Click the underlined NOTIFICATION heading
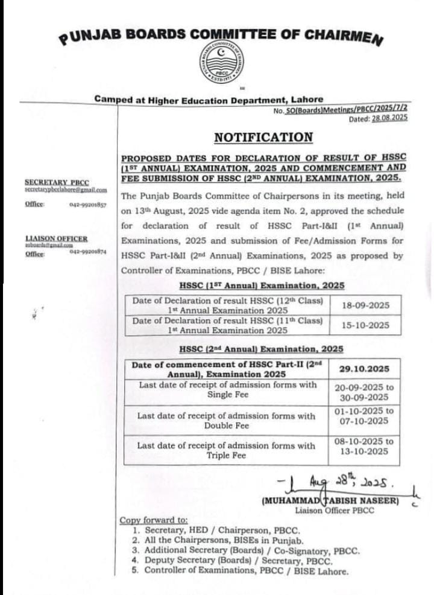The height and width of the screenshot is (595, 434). [x=264, y=137]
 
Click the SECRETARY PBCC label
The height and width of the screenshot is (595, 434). [x=57, y=182]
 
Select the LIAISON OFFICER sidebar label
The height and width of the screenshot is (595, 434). [x=56, y=239]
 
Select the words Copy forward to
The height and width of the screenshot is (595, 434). [x=154, y=520]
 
